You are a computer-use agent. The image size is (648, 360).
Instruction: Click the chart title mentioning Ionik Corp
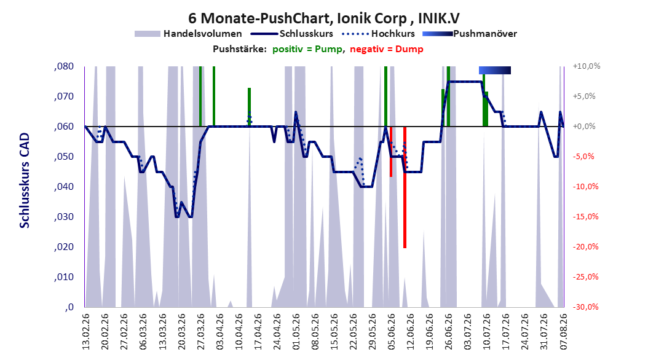323,18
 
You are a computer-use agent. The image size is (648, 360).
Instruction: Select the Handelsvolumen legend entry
188,34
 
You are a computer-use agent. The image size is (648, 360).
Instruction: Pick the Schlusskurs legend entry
292,34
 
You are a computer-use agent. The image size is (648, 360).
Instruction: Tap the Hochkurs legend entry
378,34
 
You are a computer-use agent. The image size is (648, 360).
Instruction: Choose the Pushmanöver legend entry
470,34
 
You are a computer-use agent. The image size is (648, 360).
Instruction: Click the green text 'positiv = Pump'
307,49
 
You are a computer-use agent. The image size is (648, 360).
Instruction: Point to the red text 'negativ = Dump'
387,49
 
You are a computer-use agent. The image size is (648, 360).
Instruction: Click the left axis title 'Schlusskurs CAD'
25,181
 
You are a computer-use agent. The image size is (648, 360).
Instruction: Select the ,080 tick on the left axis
64,66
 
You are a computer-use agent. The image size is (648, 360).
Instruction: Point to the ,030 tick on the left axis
64,217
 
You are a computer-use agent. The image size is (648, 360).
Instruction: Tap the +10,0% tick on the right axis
587,66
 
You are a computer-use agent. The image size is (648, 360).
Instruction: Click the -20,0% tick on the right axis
585,247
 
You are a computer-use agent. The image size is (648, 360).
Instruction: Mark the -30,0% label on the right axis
585,307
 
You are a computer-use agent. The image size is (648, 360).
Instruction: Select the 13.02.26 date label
86,332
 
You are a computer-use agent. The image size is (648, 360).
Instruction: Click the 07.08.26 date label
564,332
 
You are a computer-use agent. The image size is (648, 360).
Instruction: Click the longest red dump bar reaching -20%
405,187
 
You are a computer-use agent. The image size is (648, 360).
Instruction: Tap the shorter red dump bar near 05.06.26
391,152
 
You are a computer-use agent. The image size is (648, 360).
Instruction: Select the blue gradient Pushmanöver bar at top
495,70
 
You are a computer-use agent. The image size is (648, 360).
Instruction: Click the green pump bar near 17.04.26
249,107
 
